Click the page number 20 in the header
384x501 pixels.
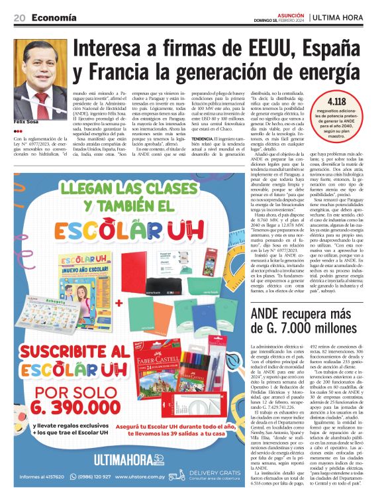point(20,17)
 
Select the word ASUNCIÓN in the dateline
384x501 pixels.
point(286,13)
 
